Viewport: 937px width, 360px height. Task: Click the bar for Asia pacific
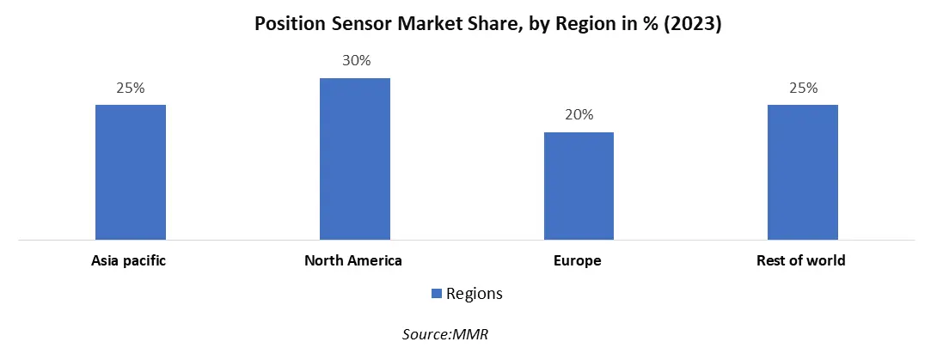pyautogui.click(x=131, y=172)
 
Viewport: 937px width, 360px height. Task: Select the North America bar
pyautogui.click(x=354, y=159)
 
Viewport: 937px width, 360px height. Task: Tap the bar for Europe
pyautogui.click(x=579, y=186)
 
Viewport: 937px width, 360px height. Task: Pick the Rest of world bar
pyautogui.click(x=802, y=172)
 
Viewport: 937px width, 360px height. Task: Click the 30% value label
pyautogui.click(x=354, y=61)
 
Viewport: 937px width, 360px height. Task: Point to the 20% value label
pyautogui.click(x=579, y=115)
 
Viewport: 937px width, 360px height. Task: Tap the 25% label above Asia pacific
pyautogui.click(x=131, y=88)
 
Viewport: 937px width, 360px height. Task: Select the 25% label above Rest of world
pyautogui.click(x=802, y=88)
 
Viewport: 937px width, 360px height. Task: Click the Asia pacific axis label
pyautogui.click(x=129, y=260)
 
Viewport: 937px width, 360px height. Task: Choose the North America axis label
pyautogui.click(x=353, y=260)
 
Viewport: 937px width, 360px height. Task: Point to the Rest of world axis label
pyautogui.click(x=802, y=260)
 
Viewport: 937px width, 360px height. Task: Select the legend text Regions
pyautogui.click(x=474, y=294)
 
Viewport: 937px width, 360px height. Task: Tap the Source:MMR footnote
pyautogui.click(x=444, y=335)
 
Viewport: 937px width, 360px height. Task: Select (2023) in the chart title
pyautogui.click(x=692, y=25)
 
